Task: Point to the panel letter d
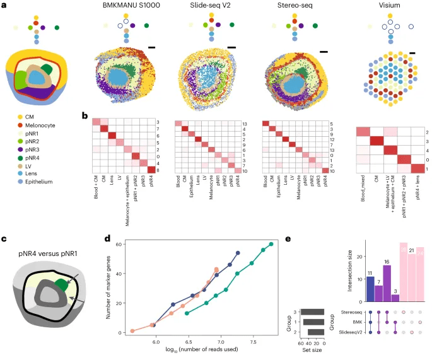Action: pos(107,240)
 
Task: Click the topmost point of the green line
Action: pos(271,244)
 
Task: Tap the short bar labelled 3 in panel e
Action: pos(395,298)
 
